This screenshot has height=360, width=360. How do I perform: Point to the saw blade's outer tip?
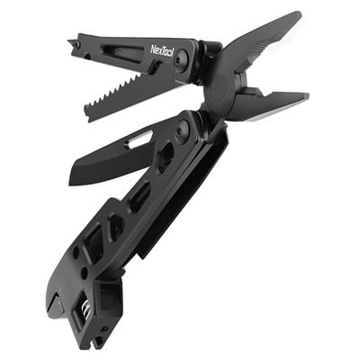coord(87,114)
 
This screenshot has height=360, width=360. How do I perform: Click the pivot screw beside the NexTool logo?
coord(184,58)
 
